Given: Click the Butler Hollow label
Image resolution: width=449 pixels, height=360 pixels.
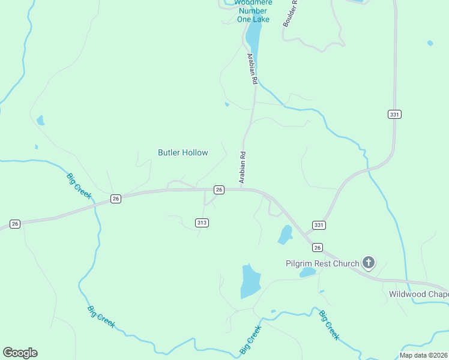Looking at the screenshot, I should (x=182, y=152).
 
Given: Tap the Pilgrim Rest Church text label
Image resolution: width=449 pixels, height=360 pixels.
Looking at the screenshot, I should (x=322, y=263).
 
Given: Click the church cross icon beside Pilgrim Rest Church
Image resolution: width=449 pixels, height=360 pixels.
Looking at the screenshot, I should (x=368, y=263).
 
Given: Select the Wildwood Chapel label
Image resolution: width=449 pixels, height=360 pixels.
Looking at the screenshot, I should (x=418, y=294).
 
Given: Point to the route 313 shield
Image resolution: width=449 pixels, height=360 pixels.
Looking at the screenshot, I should (x=202, y=223).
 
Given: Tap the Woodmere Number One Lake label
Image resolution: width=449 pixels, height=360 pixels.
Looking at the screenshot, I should (x=254, y=11).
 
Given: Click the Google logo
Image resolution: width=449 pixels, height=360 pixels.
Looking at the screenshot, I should (x=20, y=353).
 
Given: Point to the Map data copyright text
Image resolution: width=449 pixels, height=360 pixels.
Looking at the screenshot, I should (x=424, y=355).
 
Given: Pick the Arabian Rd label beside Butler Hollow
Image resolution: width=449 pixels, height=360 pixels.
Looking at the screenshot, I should (x=243, y=167).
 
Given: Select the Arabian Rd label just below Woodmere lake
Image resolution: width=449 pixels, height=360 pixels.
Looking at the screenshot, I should (x=253, y=68).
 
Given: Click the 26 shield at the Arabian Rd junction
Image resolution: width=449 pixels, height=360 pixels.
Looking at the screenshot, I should (x=219, y=190).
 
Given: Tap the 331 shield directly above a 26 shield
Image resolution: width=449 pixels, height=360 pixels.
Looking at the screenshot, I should (x=319, y=225).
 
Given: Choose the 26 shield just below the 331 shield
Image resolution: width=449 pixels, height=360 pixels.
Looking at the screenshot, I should (x=318, y=247).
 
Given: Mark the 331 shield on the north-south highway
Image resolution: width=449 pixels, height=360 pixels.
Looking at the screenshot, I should (x=394, y=114).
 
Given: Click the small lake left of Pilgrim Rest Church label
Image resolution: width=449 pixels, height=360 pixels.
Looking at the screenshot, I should (x=307, y=272).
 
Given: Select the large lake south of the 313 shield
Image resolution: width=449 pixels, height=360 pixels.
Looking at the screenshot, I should (x=250, y=281).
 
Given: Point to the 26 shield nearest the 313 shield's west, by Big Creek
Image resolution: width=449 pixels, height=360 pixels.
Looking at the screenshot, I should (x=116, y=198).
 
